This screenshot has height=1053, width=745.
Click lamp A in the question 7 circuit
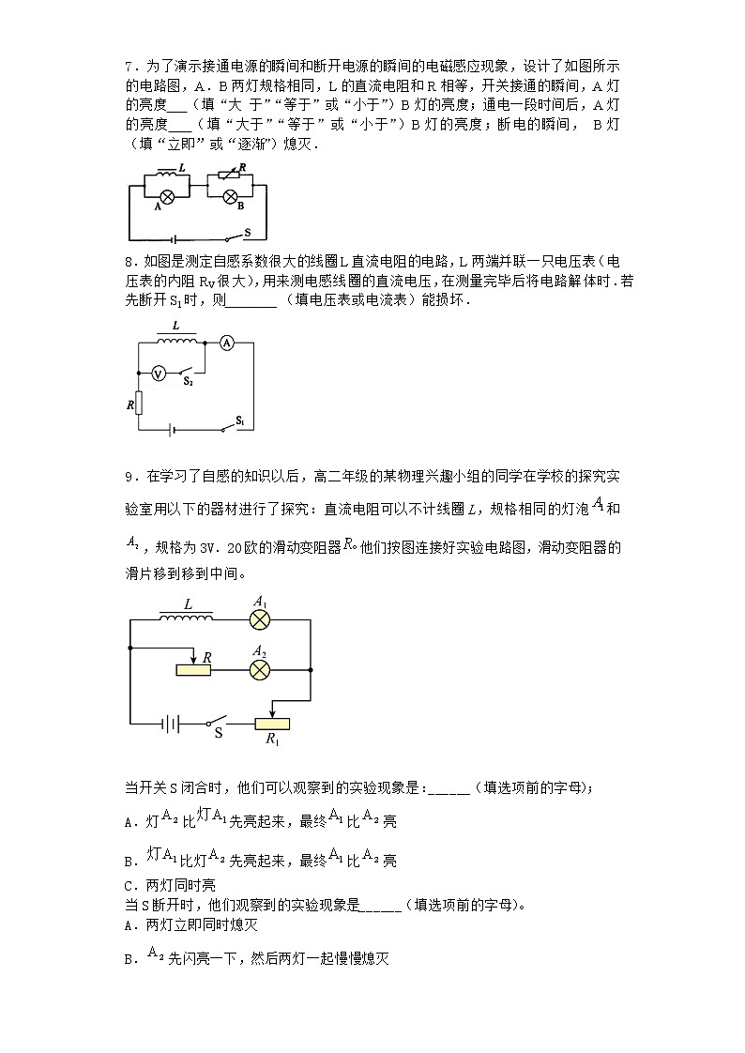(166, 197)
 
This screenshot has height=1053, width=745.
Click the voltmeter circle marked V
(159, 373)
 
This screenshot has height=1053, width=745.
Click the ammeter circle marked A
(226, 344)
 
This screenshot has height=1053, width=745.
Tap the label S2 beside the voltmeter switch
(189, 382)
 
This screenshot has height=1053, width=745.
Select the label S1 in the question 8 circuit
(240, 420)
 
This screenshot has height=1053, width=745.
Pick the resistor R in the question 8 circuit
(139, 404)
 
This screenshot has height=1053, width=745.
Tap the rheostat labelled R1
(272, 724)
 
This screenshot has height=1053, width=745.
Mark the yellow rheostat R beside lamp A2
(193, 669)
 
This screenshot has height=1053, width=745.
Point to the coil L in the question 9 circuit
(188, 618)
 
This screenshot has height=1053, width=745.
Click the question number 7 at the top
(129, 66)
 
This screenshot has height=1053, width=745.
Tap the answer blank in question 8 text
(251, 302)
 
